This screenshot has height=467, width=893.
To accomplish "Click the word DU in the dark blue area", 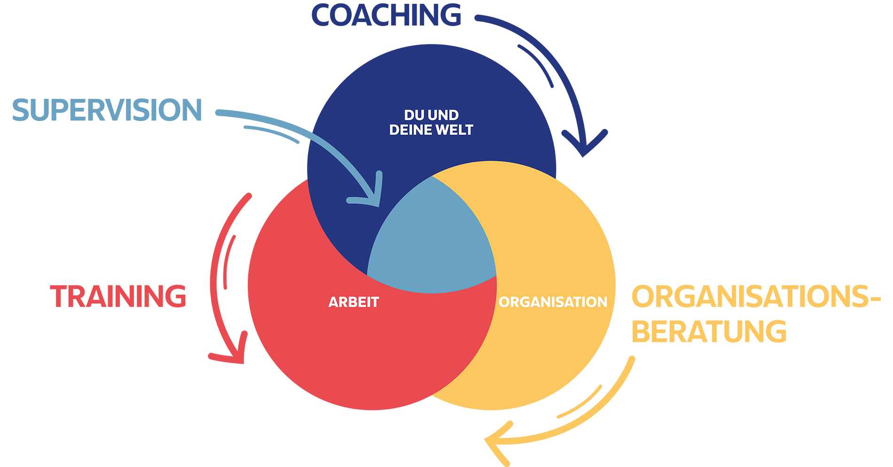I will (413, 115).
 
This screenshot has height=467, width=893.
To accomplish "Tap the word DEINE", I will (411, 130).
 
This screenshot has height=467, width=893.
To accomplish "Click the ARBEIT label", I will (354, 302).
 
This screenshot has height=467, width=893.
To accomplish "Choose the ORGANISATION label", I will (553, 302).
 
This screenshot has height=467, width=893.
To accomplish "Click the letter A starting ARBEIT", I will (333, 302).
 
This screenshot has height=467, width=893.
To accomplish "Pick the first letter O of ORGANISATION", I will (505, 302).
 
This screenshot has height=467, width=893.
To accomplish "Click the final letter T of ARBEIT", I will (375, 302).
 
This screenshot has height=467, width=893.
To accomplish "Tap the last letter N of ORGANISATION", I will (602, 302).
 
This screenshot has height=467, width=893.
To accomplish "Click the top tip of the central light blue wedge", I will (432, 177).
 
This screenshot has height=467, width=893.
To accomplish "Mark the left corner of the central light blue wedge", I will (368, 274).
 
